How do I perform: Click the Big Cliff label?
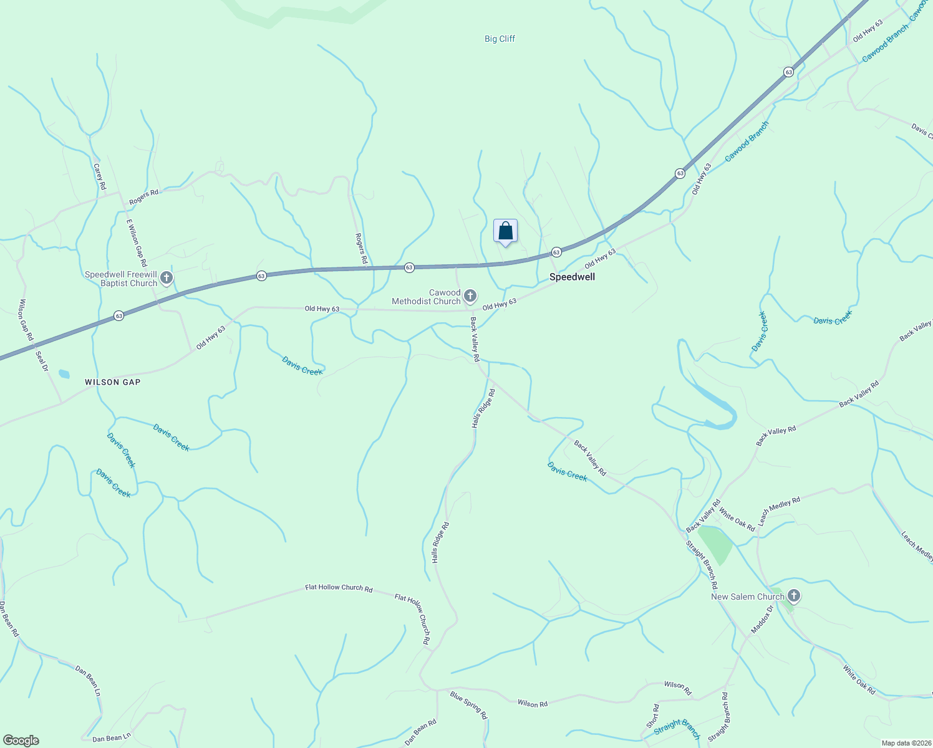500,39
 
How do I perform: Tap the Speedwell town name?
572,277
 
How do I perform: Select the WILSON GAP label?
113,382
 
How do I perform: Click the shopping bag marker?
506,231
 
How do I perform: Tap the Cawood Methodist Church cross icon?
470,296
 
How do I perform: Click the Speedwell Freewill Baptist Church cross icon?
167,278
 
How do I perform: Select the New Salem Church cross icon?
793,597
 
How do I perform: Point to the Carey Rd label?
100,177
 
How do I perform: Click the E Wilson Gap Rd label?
137,243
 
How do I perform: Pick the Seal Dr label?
42,361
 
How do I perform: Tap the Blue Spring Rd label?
468,705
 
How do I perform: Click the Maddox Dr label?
762,620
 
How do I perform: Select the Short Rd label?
652,716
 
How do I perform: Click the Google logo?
21,740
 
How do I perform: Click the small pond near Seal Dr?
64,374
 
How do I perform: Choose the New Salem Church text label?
747,597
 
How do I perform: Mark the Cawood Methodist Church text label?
427,297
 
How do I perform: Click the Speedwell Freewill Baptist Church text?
122,279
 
